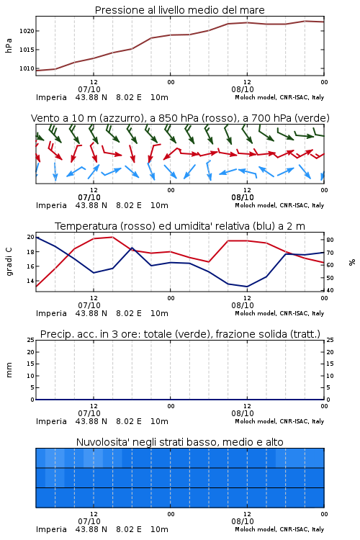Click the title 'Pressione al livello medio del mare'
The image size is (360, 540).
click(x=179, y=10)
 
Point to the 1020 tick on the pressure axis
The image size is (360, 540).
click(x=27, y=31)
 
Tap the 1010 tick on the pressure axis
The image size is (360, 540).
click(x=27, y=68)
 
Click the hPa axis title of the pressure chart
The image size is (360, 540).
click(x=9, y=45)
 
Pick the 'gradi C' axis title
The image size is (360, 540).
click(x=9, y=262)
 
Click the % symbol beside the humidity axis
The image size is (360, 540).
click(x=352, y=262)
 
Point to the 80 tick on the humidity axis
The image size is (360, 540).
click(x=330, y=240)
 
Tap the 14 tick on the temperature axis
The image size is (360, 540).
click(x=30, y=281)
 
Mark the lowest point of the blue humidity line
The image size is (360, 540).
click(x=247, y=287)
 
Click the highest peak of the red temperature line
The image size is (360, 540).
click(x=112, y=237)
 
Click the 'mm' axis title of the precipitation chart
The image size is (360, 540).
click(x=9, y=370)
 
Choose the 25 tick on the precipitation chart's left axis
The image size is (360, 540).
click(x=30, y=341)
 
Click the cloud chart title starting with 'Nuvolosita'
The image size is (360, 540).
click(x=179, y=442)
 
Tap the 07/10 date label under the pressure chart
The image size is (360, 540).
click(x=89, y=89)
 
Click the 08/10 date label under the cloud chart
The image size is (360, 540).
click(x=243, y=521)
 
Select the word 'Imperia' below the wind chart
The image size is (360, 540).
click(x=51, y=206)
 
